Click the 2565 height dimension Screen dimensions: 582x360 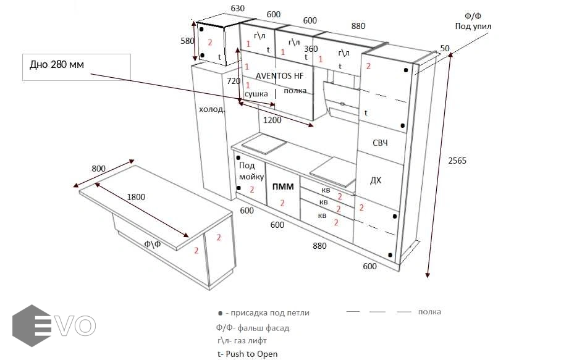(x=457, y=161)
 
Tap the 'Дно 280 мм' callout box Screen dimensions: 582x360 (x=77, y=67)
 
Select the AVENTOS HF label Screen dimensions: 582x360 (x=279, y=76)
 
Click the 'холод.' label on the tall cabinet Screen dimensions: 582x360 (x=211, y=109)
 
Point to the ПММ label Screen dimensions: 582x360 (x=283, y=186)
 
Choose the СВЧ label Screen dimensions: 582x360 (x=380, y=143)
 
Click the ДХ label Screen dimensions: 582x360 (x=376, y=181)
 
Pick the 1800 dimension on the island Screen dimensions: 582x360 (x=136, y=197)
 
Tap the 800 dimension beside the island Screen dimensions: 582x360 (x=98, y=169)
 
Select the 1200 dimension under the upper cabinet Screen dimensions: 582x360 (x=272, y=120)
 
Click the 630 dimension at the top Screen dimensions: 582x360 (x=237, y=8)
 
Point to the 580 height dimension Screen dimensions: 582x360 (x=187, y=41)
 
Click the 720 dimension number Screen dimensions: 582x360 (x=234, y=81)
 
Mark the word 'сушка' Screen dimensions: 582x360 (x=256, y=94)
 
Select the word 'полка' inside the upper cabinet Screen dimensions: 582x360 (x=295, y=91)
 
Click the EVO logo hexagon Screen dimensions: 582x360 (x=32, y=326)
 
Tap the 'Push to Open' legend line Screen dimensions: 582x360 (x=248, y=354)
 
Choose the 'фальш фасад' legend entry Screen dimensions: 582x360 (x=253, y=328)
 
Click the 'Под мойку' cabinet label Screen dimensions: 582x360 (x=251, y=171)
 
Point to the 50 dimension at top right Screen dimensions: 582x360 (x=445, y=48)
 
